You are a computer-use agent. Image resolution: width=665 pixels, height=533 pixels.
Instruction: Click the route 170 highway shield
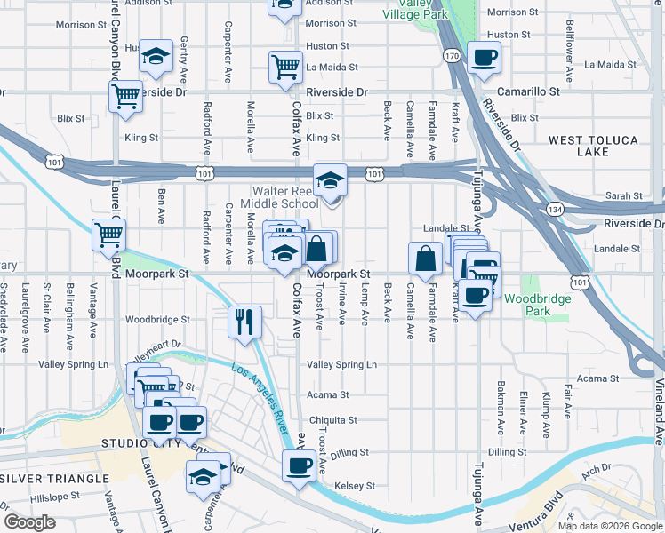(452, 56)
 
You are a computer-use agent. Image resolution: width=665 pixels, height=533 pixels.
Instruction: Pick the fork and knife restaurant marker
(244, 321)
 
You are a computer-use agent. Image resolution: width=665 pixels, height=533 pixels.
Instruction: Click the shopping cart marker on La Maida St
(285, 66)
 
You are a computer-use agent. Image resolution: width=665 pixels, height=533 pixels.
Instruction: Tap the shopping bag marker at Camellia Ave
(426, 258)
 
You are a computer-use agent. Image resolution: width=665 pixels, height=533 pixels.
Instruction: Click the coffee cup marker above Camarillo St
(484, 58)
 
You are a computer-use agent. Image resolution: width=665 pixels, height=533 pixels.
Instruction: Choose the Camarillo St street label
(529, 91)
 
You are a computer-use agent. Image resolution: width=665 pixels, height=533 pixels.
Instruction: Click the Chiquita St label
(333, 420)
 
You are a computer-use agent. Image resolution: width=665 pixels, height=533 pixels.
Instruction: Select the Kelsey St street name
(355, 486)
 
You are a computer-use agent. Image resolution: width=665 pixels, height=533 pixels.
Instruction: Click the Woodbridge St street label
(157, 319)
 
